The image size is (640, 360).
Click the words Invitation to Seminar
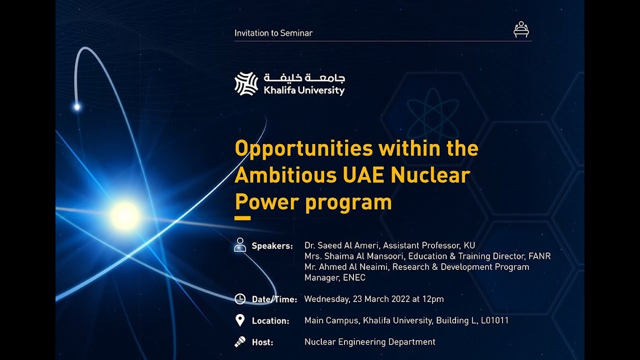273,33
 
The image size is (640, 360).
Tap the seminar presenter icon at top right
521,29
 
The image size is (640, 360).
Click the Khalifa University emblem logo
246,83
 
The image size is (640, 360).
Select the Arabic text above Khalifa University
304,78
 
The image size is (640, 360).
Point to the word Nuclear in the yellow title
430,175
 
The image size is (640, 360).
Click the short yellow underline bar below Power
242,218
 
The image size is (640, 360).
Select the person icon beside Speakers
240,245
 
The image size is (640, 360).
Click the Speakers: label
272,246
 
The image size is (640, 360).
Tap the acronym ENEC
354,278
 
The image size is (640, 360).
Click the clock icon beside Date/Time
240,299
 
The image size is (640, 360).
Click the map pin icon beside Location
240,320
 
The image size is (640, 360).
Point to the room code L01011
494,320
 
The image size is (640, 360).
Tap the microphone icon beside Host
240,342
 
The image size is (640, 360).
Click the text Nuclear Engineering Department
369,342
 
